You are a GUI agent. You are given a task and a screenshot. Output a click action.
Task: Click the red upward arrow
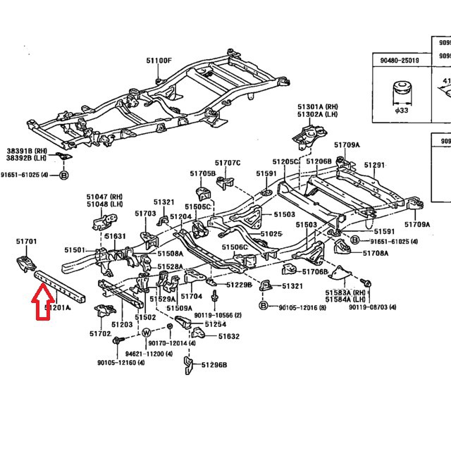point(43,308)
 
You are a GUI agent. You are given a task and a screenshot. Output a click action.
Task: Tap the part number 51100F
point(159,61)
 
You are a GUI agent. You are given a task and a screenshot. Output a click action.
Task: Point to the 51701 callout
point(26,242)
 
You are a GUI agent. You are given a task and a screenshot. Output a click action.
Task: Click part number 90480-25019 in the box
point(399,61)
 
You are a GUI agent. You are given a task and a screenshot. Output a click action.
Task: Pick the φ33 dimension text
point(402,110)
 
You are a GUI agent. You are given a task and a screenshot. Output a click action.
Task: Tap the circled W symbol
point(147,333)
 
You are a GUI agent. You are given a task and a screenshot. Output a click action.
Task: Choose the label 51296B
point(214,365)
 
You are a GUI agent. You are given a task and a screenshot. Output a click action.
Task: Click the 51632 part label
point(229,337)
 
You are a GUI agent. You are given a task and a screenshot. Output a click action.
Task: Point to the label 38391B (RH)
point(27,152)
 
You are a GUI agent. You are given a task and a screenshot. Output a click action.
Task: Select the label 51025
point(271,234)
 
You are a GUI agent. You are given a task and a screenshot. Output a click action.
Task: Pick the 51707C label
point(228,163)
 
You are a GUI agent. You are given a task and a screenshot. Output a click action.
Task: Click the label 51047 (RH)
point(104,197)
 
